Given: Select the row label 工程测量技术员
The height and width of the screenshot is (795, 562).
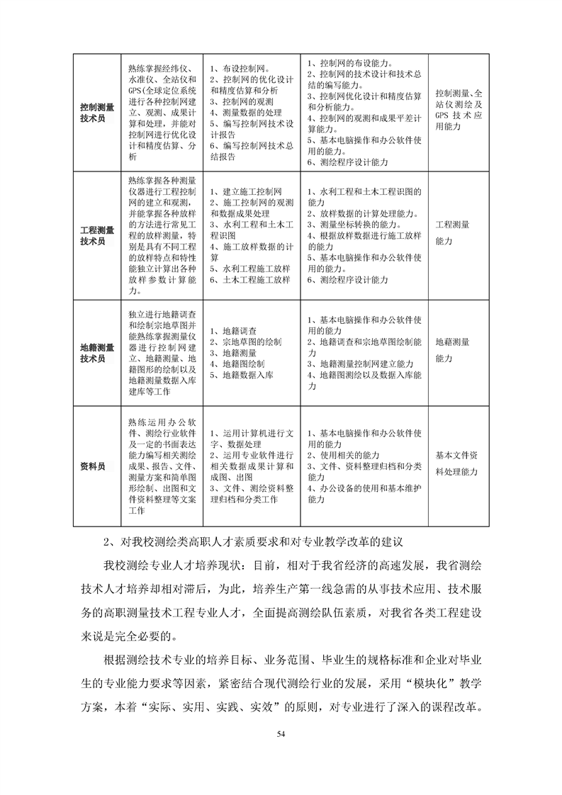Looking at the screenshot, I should pyautogui.click(x=97, y=235).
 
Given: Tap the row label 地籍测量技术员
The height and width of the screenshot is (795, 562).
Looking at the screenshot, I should pyautogui.click(x=97, y=353).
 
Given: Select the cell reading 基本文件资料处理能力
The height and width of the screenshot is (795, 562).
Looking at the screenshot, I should pyautogui.click(x=457, y=463).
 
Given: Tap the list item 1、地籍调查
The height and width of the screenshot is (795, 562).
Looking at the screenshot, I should pyautogui.click(x=234, y=331).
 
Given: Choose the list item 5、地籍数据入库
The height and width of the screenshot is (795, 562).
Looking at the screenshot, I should pyautogui.click(x=242, y=375).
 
